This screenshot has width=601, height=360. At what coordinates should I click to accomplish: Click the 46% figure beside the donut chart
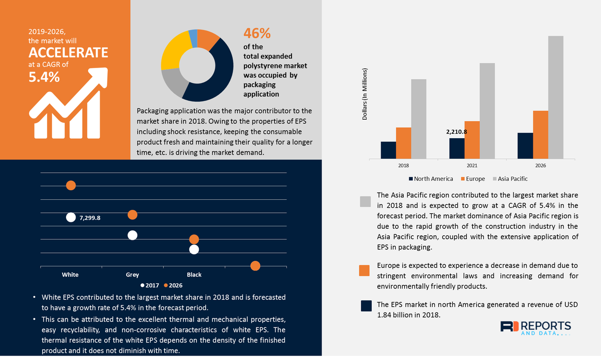click(257, 34)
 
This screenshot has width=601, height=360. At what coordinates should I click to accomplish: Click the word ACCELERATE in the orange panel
click(68, 53)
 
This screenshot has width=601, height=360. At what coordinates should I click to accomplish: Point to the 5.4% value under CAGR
click(44, 77)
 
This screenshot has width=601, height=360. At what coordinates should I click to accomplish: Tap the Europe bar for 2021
click(472, 140)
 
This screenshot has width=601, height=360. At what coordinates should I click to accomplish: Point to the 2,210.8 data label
click(456, 132)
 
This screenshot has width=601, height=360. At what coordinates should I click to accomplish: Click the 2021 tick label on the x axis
click(472, 166)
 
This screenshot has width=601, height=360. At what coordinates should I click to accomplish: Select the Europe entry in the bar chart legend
click(474, 179)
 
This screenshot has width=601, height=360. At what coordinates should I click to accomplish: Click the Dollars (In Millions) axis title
click(365, 94)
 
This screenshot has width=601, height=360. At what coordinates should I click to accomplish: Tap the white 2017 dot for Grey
click(132, 235)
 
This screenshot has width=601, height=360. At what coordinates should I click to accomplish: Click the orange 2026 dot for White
click(71, 186)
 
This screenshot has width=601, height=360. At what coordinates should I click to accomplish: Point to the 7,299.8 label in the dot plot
click(90, 218)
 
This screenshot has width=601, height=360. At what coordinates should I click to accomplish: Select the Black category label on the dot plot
click(194, 274)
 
